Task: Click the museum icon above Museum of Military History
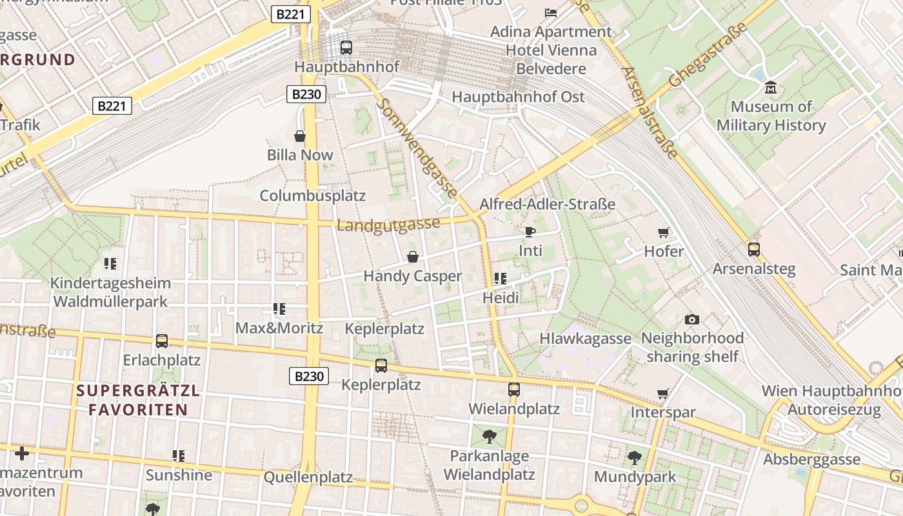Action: point(770,87)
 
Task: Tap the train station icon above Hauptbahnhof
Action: point(346,47)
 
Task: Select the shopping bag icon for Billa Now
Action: point(300,136)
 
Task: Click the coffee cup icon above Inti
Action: point(530,232)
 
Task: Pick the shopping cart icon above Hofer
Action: point(663,232)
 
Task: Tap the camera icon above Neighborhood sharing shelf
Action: point(692,319)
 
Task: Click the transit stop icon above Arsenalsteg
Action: point(753,249)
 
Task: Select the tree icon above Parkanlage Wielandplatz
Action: point(489,437)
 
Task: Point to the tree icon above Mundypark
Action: point(635,458)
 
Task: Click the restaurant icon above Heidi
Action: point(501,279)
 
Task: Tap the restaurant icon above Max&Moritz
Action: point(279,309)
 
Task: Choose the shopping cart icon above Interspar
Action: point(662,393)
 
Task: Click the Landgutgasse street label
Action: point(388,224)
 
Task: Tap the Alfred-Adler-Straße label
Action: point(547,204)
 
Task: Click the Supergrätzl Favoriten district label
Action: point(138,400)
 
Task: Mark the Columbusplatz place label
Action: point(312,195)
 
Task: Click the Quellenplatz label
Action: point(308,477)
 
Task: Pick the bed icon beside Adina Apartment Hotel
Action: point(551,12)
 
